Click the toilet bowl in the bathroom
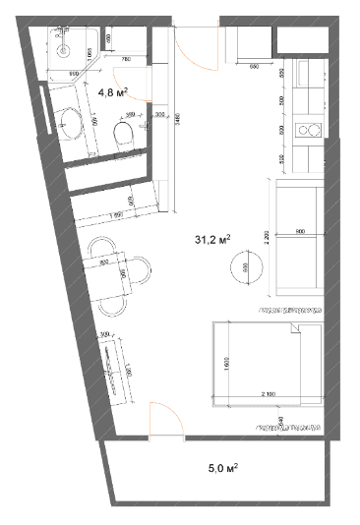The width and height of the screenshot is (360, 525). point(125,144)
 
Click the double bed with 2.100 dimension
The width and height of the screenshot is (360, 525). point(264,364)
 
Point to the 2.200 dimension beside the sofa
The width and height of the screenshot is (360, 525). point(269,236)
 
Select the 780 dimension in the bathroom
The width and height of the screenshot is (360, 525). point(125,60)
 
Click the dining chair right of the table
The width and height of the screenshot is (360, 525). point(145,267)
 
